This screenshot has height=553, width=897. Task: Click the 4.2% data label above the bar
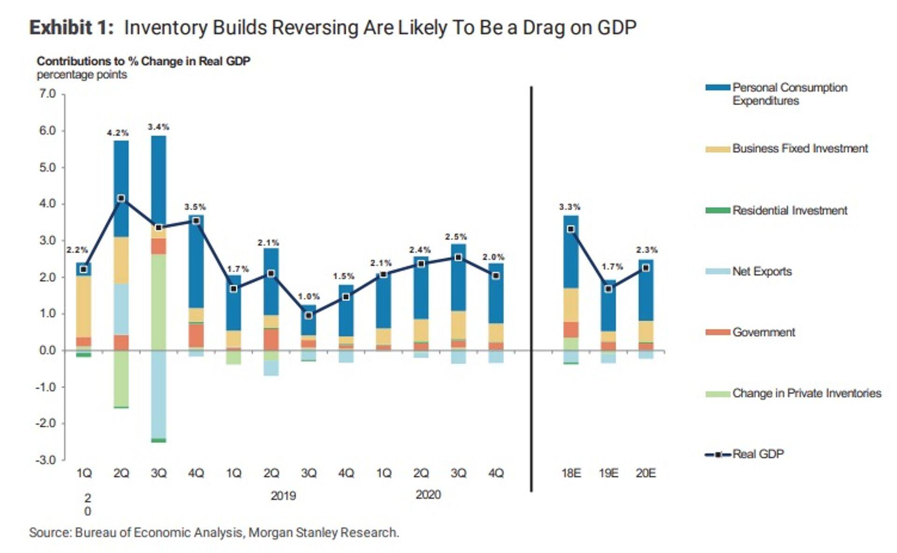coord(118,133)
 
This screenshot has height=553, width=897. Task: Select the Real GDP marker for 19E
coord(608,289)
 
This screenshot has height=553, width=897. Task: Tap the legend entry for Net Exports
coord(762,271)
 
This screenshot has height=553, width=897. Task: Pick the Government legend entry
coord(763,332)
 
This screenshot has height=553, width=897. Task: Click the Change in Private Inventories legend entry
coord(806,393)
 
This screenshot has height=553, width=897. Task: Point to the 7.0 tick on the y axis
coord(47,94)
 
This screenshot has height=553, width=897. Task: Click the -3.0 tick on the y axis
coord(46,460)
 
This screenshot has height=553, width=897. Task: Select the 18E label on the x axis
coord(571,473)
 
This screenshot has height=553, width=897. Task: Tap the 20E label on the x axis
coord(646,473)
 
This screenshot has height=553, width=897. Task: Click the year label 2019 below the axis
coord(283,496)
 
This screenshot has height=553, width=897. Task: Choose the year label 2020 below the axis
coord(428,495)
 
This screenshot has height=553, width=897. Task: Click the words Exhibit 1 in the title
coord(71,28)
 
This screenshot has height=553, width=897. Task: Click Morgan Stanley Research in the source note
coord(323,532)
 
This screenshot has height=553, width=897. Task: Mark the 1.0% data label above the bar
coord(309,297)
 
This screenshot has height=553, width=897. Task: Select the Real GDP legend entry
coord(758,454)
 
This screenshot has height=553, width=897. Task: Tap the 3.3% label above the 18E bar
coord(570,207)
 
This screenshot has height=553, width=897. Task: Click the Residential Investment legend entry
coord(790,211)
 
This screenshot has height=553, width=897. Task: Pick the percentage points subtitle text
coord(82,75)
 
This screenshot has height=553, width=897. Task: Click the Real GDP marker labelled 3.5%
coord(196,221)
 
